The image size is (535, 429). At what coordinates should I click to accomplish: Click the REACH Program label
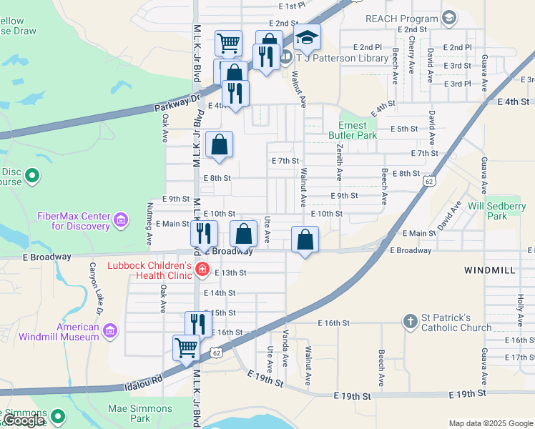[401, 18]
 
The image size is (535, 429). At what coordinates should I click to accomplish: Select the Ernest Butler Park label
[357, 129]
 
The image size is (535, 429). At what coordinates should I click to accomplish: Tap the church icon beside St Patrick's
[411, 321]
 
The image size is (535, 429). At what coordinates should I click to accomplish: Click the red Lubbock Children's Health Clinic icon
[202, 270]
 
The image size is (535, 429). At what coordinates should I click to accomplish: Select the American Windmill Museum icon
[109, 330]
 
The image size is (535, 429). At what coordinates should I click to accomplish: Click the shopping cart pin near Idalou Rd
[186, 347]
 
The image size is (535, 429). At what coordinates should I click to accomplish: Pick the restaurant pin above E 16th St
[198, 323]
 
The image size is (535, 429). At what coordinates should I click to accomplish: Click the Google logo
[23, 421]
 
